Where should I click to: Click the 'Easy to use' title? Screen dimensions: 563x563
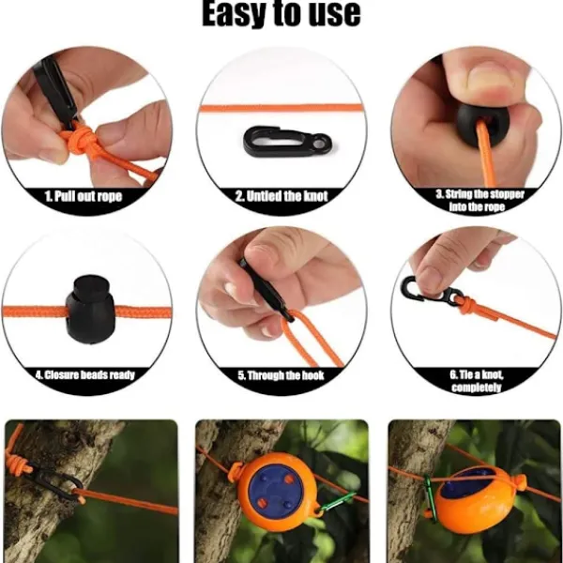pyautogui.click(x=281, y=13)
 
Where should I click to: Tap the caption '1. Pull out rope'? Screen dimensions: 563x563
pyautogui.click(x=84, y=196)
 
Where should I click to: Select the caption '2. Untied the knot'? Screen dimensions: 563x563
pyautogui.click(x=281, y=196)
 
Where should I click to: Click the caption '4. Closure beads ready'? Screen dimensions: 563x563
pyautogui.click(x=85, y=375)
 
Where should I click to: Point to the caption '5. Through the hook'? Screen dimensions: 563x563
pyautogui.click(x=281, y=375)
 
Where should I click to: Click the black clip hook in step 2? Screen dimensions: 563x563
pyautogui.click(x=287, y=141)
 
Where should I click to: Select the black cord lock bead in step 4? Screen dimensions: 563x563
pyautogui.click(x=90, y=309)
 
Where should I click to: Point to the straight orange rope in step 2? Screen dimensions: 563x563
pyautogui.click(x=281, y=108)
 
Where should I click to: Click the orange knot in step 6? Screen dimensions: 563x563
pyautogui.click(x=468, y=304)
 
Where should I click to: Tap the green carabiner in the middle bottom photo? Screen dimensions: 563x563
pyautogui.click(x=337, y=502)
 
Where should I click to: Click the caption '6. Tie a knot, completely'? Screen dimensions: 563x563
pyautogui.click(x=477, y=381)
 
